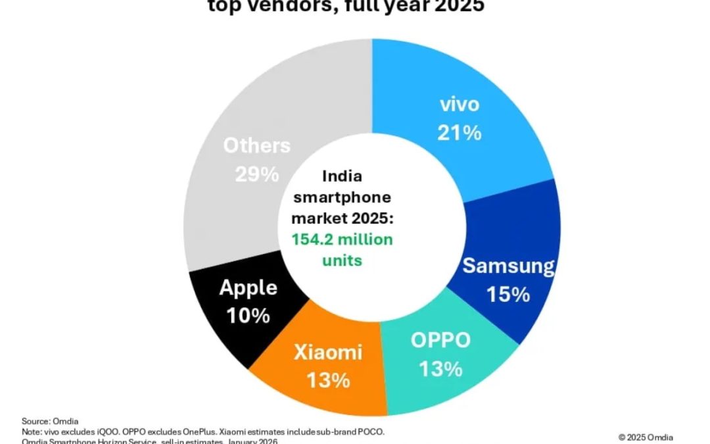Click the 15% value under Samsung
point(508,294)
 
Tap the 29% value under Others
point(257,174)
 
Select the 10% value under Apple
point(248,316)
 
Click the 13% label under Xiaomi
point(328,380)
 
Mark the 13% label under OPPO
point(440,369)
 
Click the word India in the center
point(342,177)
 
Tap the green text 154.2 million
point(343,239)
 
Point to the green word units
point(342,260)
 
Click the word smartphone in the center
point(342,197)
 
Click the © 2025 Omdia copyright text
point(645,437)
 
